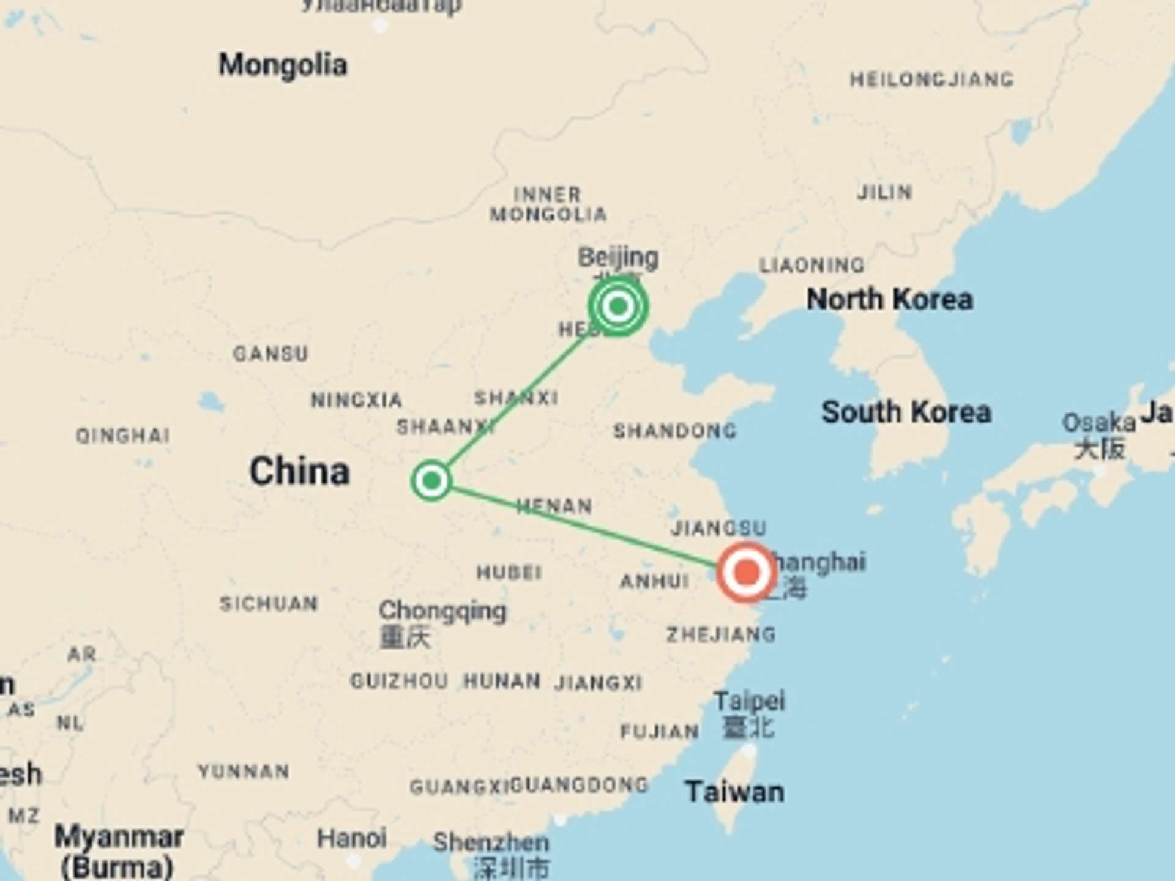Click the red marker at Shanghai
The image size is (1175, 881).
746,573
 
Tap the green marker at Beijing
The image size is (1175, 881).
617,306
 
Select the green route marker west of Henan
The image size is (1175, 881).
431,481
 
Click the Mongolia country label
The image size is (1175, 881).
283,65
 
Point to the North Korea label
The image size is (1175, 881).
889,300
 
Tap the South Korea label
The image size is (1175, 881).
906,412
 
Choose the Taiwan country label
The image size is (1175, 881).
734,792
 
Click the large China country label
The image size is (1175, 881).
299,471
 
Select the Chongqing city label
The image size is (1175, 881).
442,611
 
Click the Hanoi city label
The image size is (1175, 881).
351,838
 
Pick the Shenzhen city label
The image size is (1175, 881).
491,843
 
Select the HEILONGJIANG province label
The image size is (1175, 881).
931,80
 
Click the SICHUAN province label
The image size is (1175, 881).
269,604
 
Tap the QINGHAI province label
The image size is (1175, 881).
122,436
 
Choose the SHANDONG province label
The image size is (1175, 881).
674,431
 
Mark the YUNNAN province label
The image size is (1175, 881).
243,771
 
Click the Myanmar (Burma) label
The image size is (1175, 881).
118,850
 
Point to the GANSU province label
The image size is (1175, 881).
270,354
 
